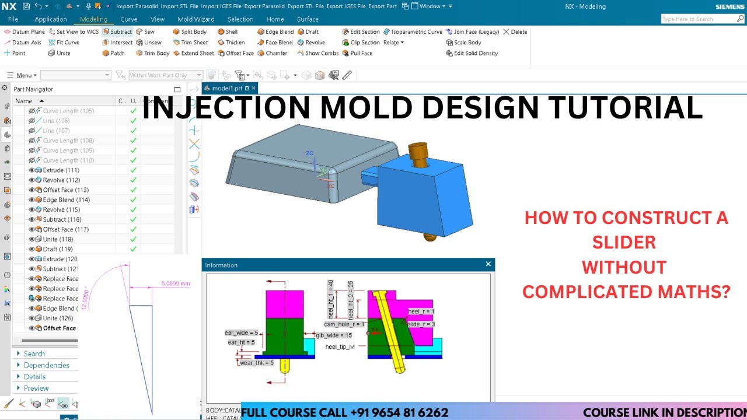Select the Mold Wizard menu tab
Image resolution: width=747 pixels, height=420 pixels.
tap(196, 19)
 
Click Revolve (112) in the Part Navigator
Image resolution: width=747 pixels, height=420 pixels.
tap(61, 180)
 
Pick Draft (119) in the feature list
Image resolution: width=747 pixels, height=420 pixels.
tap(57, 249)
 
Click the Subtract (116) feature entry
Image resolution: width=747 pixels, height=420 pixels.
tap(61, 219)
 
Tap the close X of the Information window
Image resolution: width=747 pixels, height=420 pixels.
tap(488, 264)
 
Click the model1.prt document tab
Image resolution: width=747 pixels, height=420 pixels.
tap(227, 88)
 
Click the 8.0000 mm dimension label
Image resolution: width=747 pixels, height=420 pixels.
tap(176, 283)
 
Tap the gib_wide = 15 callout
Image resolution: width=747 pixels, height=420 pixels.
tap(333, 335)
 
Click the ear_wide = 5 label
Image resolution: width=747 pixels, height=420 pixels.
tap(241, 333)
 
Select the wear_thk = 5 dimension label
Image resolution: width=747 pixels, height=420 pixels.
tap(256, 363)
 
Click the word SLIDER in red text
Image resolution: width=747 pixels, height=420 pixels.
tap(624, 242)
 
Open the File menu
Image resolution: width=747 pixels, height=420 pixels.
tap(13, 19)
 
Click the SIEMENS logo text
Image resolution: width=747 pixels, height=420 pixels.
tap(730, 7)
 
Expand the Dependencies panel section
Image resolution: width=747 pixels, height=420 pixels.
tap(46, 365)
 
